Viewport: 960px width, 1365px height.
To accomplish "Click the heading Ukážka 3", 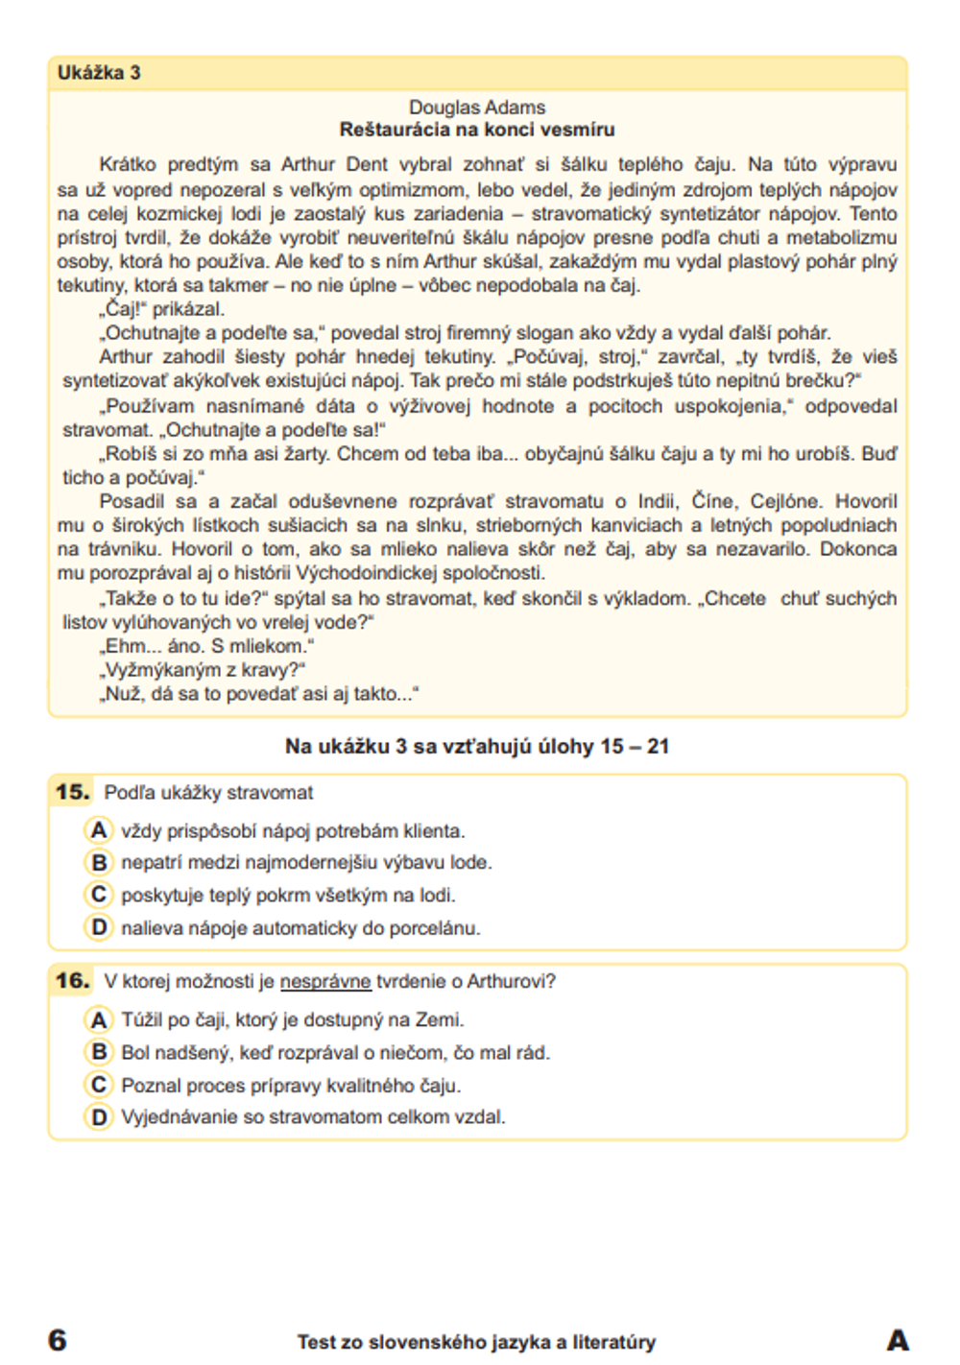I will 99,73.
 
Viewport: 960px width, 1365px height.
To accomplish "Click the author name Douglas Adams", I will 477,108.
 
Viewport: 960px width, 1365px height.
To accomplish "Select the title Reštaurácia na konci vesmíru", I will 477,130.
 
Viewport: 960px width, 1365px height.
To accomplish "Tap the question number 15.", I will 72,792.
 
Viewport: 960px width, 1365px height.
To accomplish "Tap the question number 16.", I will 72,980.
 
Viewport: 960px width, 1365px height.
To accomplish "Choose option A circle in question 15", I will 98,829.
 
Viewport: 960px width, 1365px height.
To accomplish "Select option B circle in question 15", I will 98,862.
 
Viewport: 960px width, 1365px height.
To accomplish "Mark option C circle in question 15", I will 98,895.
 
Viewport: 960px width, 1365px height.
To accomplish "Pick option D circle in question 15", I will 98,927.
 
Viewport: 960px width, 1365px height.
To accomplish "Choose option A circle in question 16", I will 98,1019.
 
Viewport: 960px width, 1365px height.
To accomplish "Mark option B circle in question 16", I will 98,1052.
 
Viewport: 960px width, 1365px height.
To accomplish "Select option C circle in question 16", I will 98,1085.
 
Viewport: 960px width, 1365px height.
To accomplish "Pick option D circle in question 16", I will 98,1116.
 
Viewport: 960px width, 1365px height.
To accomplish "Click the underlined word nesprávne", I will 325,981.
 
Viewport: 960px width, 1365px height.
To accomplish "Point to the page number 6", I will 58,1339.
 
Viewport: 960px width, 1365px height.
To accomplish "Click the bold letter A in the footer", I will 898,1339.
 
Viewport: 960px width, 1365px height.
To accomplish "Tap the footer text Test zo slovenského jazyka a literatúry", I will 476,1342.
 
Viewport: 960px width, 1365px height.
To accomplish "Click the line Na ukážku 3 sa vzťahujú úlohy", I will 476,746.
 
